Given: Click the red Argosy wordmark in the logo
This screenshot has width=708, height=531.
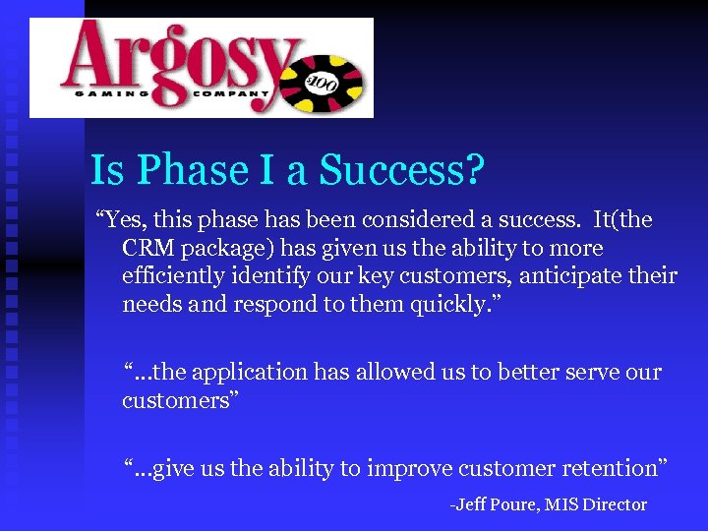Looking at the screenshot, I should [x=172, y=57].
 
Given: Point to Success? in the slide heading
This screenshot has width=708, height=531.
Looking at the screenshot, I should [x=403, y=170].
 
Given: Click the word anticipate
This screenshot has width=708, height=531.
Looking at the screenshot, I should [x=567, y=275].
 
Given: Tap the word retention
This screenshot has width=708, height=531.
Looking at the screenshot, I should [x=611, y=469].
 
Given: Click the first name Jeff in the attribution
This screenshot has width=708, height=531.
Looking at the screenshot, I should [x=470, y=504].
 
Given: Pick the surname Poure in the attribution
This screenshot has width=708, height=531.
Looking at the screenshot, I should [x=513, y=504].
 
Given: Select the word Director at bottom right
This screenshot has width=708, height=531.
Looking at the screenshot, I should [x=614, y=504].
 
